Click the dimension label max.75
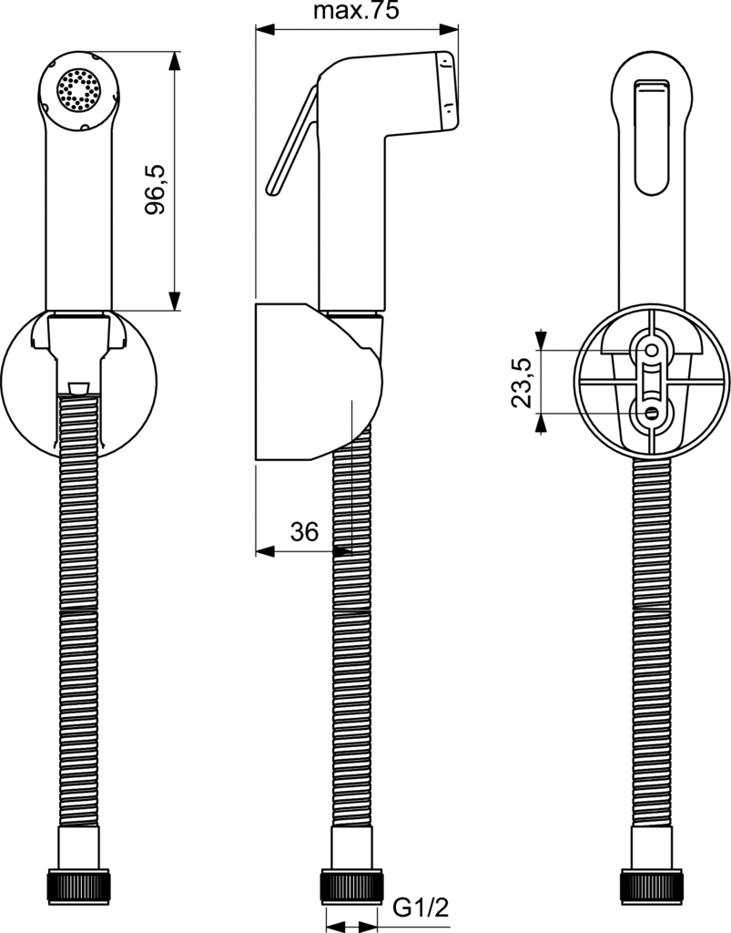click(356, 11)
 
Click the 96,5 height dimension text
click(156, 189)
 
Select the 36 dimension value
click(304, 532)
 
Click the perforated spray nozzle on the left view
click(78, 89)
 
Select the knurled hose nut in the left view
click(78, 886)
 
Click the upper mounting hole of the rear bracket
click(650, 350)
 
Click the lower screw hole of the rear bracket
click(650, 413)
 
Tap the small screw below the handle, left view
click(78, 390)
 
